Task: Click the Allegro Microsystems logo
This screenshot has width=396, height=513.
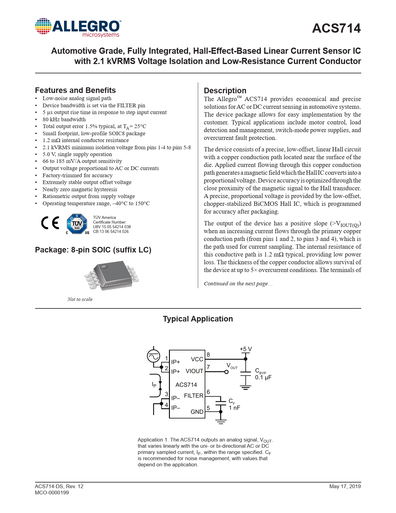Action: click(78, 28)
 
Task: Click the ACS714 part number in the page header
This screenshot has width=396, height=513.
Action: click(336, 28)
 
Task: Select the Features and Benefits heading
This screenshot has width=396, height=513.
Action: click(75, 90)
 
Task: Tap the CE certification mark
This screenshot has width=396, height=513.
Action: click(50, 223)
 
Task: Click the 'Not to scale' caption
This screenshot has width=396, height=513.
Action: click(80, 299)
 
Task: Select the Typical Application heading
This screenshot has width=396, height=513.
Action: click(198, 319)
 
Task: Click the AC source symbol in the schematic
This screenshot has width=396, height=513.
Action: click(153, 356)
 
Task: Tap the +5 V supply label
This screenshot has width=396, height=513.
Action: click(246, 349)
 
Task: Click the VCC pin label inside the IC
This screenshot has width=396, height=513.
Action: click(197, 359)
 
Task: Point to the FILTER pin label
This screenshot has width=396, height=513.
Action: click(193, 396)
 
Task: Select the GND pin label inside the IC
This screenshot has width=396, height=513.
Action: click(197, 412)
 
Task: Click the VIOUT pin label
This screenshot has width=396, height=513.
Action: click(194, 371)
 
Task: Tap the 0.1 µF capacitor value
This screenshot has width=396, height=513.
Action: click(263, 377)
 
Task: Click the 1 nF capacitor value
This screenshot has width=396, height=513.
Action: click(234, 408)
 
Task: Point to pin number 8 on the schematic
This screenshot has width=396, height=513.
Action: click(208, 355)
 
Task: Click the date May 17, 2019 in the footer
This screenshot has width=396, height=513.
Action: click(345, 487)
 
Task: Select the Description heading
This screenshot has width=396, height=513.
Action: click(225, 91)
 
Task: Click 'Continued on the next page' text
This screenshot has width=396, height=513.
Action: click(238, 284)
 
